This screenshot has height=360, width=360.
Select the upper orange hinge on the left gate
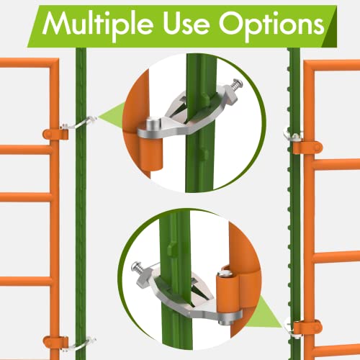53,133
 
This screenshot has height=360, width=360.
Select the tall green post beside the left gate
80,216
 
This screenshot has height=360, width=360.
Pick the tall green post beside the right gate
294,216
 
